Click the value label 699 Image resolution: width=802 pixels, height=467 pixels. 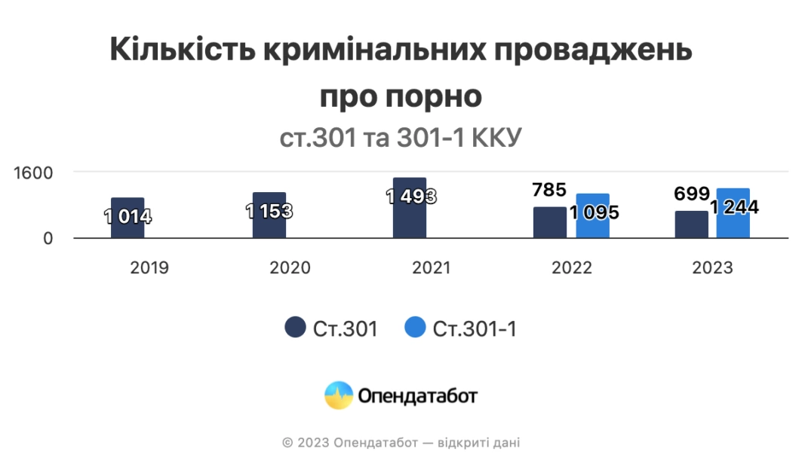click(x=692, y=194)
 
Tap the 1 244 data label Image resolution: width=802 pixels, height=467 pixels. click(x=735, y=207)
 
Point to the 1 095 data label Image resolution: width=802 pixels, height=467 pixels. click(x=595, y=212)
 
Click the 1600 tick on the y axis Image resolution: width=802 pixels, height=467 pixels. click(x=35, y=172)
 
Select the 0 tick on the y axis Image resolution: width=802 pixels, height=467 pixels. click(x=47, y=239)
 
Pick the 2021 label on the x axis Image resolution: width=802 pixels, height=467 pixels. click(x=432, y=267)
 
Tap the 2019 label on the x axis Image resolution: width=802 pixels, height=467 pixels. click(x=149, y=267)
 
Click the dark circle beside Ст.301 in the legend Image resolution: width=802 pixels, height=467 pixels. click(x=295, y=328)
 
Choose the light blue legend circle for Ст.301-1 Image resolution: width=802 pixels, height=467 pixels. click(x=416, y=328)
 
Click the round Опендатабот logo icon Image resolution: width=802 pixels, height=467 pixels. click(x=339, y=395)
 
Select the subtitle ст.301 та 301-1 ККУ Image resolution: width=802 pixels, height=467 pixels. click(x=401, y=139)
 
